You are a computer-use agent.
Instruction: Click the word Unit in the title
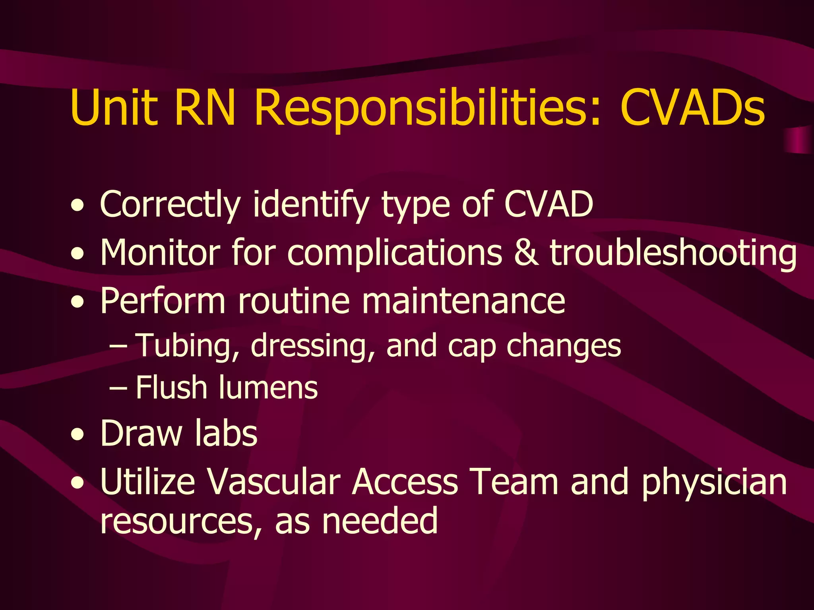point(113,108)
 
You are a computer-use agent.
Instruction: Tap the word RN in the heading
point(205,108)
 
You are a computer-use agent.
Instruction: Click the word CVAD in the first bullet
point(548,204)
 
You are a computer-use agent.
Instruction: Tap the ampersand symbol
point(526,253)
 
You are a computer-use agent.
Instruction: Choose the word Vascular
point(275,482)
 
